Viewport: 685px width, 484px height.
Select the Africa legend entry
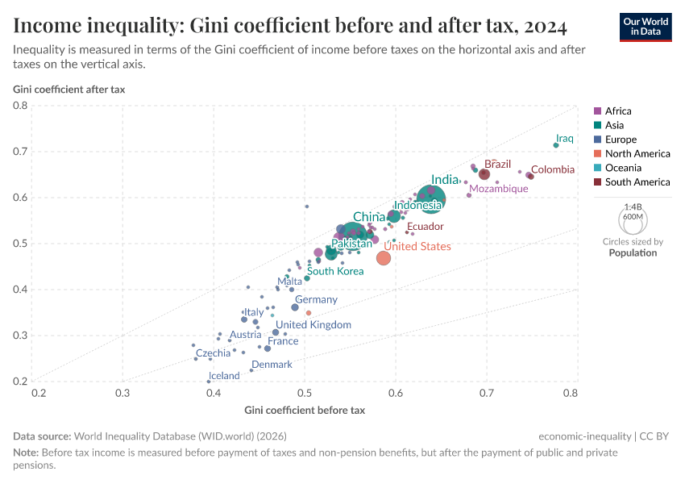click(618, 111)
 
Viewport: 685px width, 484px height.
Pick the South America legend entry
click(637, 182)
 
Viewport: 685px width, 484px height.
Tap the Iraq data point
click(556, 145)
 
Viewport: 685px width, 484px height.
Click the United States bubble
click(384, 258)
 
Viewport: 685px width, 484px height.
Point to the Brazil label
click(497, 165)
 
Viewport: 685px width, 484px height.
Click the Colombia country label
click(553, 169)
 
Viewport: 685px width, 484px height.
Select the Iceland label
click(224, 376)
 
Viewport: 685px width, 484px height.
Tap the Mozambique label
click(498, 189)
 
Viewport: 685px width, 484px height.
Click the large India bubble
click(433, 196)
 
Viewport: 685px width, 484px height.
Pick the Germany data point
click(295, 307)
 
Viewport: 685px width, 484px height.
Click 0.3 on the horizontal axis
click(122, 394)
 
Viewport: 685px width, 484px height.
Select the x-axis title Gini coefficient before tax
click(305, 410)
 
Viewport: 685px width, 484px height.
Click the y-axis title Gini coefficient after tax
click(68, 89)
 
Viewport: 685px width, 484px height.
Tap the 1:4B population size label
click(633, 207)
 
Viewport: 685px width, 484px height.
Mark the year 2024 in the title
click(543, 26)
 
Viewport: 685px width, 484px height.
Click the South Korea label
click(336, 271)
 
